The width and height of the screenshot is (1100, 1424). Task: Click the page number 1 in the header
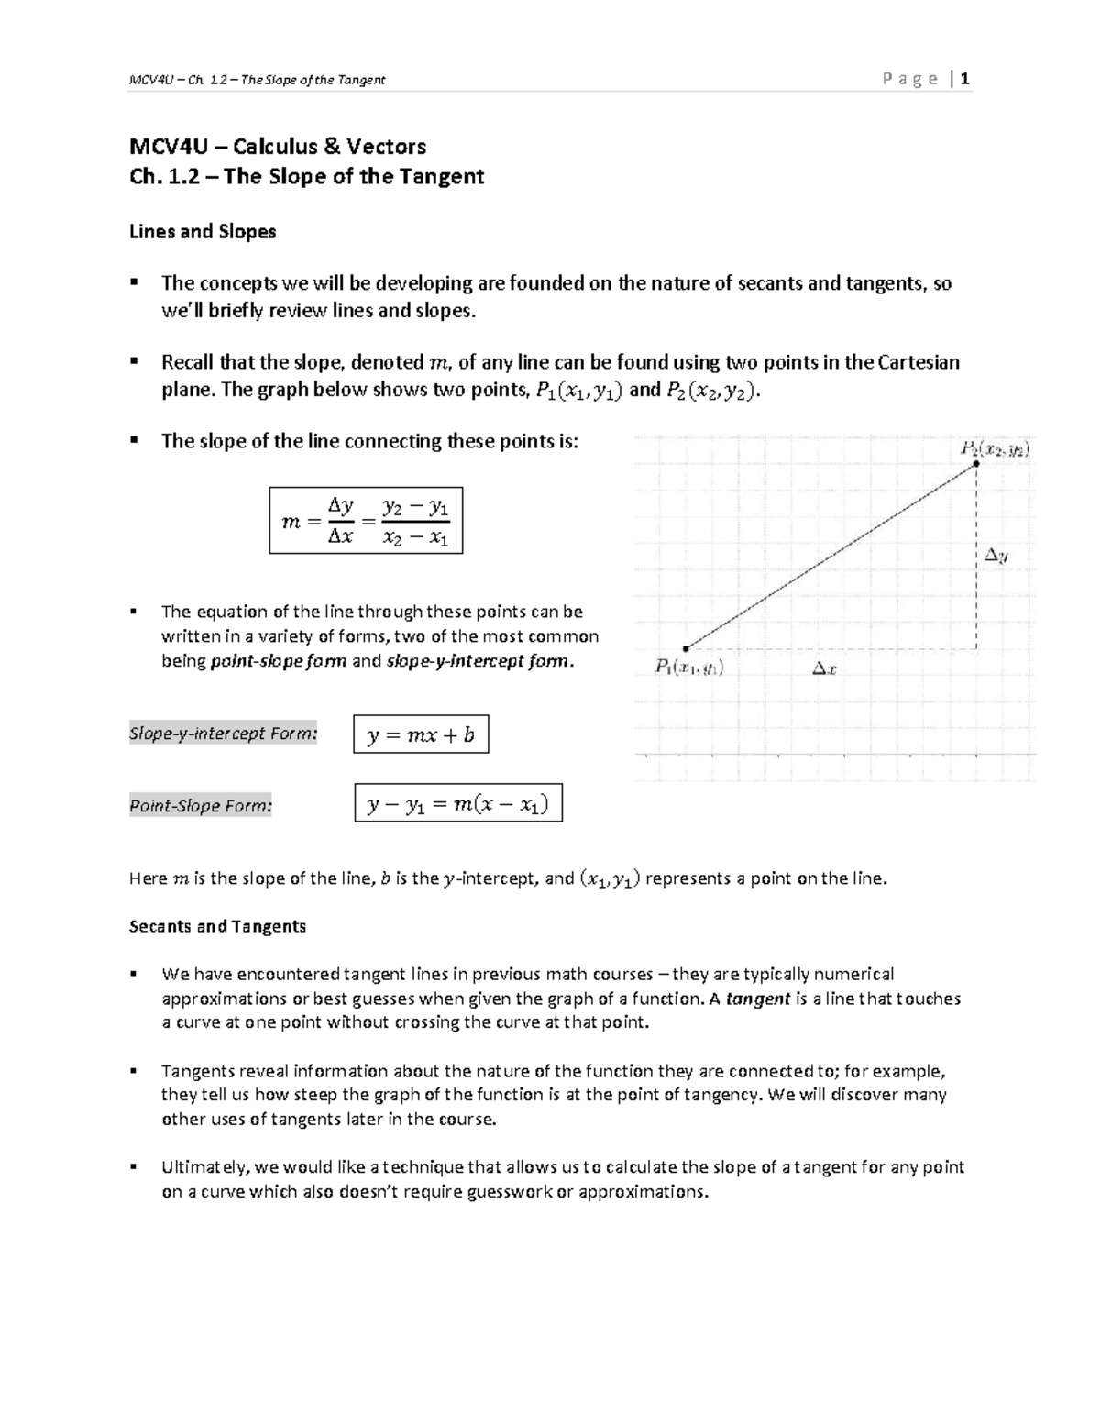tap(965, 79)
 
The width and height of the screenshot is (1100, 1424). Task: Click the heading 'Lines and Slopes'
tap(203, 232)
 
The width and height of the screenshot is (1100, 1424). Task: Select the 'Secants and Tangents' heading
tap(217, 926)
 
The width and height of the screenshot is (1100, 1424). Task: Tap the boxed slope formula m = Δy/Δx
tap(366, 521)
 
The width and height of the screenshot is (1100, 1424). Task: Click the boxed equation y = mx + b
tap(421, 734)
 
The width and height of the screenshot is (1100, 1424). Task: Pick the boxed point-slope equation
tap(457, 804)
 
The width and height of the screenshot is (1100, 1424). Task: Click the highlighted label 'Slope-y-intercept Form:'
tap(224, 734)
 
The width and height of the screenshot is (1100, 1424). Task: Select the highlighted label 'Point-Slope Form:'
tap(201, 806)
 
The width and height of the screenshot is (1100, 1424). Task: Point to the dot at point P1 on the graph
tap(686, 648)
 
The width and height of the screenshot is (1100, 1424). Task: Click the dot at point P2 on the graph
tap(976, 464)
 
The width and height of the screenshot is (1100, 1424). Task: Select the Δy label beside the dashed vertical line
tap(996, 555)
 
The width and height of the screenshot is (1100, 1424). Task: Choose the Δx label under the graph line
tap(824, 669)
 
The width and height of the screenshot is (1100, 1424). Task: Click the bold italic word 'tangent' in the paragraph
tap(757, 999)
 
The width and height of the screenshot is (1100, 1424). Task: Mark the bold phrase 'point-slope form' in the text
tap(279, 661)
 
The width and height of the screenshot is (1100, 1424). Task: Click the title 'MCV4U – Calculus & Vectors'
tap(278, 147)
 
